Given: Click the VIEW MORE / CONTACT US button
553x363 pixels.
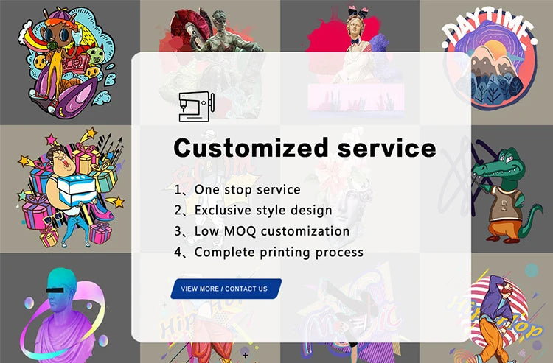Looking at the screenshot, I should [225, 289].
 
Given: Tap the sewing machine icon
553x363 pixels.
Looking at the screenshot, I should [195, 107].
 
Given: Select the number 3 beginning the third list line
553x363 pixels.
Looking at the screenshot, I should [180, 231].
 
